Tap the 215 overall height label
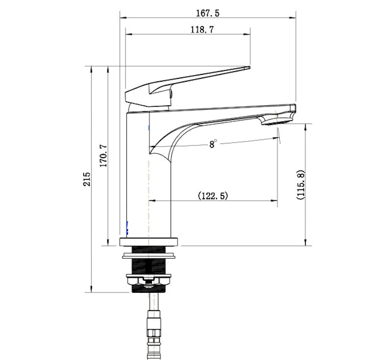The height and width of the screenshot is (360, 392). click(87, 179)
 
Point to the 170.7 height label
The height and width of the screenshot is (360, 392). click(103, 156)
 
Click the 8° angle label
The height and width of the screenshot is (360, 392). click(213, 144)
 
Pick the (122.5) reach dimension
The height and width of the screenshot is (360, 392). click(213, 196)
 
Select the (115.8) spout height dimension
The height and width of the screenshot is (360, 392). click(300, 185)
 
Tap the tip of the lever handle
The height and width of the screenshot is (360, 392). click(247, 69)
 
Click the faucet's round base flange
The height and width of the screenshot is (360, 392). click(149, 241)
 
